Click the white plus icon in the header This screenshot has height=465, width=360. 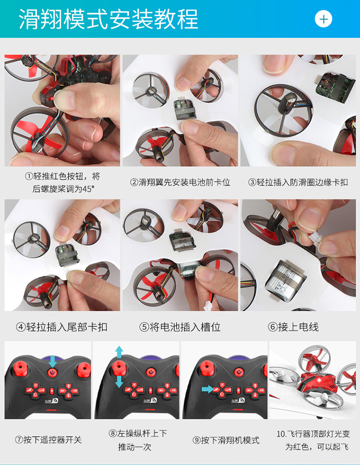pyautogui.click(x=323, y=19)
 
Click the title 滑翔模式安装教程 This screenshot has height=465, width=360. pyautogui.click(x=108, y=19)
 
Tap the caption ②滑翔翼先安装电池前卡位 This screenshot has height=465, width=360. pyautogui.click(x=180, y=182)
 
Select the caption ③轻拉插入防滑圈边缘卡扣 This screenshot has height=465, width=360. pyautogui.click(x=298, y=182)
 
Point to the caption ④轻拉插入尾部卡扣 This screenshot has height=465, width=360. pyautogui.click(x=61, y=327)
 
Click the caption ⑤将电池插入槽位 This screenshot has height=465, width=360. pyautogui.click(x=180, y=327)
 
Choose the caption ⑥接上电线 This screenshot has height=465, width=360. pyautogui.click(x=293, y=327)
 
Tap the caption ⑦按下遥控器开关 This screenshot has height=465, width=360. pyautogui.click(x=48, y=440)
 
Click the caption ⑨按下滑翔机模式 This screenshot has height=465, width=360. pyautogui.click(x=226, y=440)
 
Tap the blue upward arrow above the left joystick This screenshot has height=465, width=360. pyautogui.click(x=119, y=352)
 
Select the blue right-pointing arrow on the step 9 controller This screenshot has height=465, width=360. pyautogui.click(x=208, y=389)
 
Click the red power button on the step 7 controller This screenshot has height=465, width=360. pyautogui.click(x=52, y=372)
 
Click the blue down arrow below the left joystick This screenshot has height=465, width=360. pyautogui.click(x=119, y=382)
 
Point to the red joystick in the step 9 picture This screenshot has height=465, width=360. pyautogui.click(x=207, y=368)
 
